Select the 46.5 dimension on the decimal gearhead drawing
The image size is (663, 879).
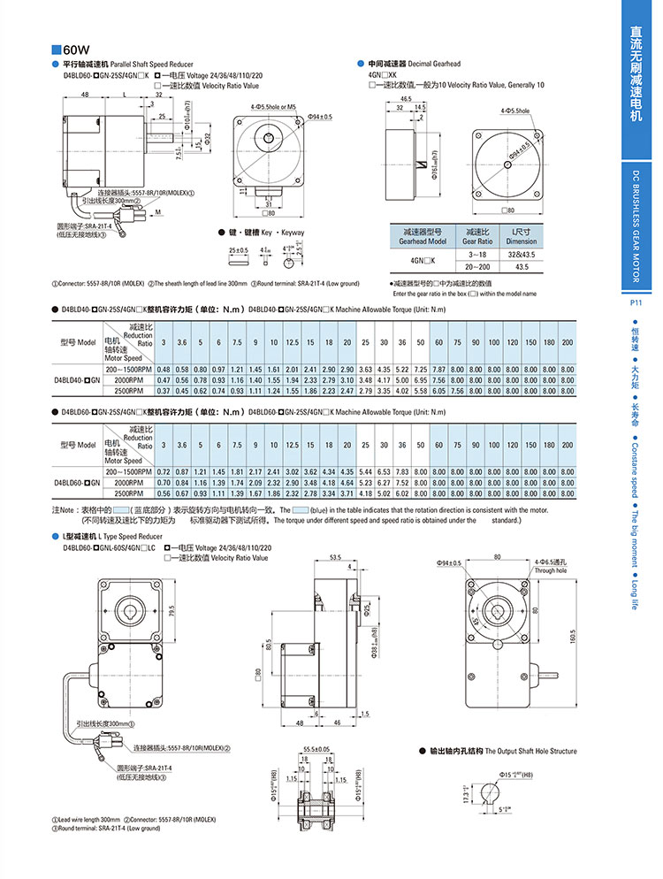tap(405, 99)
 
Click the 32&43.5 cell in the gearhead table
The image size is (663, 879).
tap(521, 254)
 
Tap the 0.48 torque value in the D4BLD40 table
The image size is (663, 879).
tap(164, 369)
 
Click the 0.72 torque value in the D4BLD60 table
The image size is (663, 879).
tap(164, 472)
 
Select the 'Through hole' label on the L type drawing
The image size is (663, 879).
tap(549, 570)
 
